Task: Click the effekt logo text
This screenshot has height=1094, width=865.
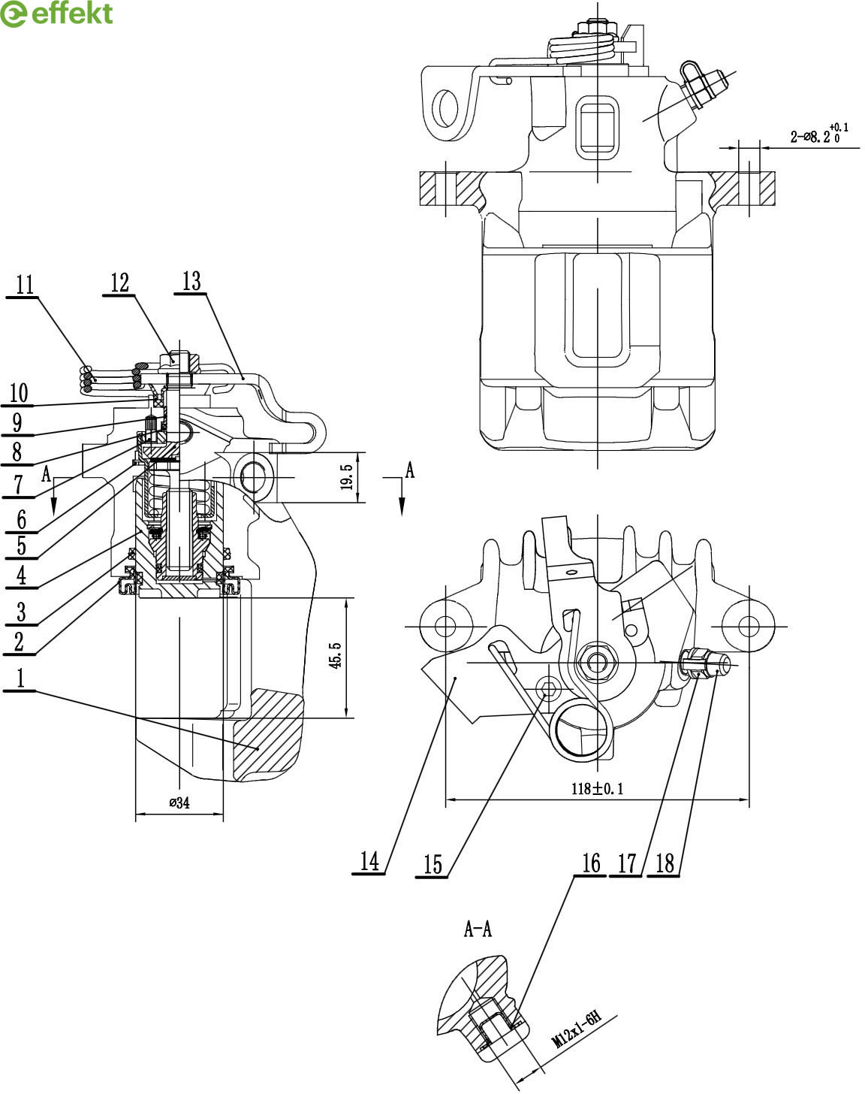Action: tap(72, 14)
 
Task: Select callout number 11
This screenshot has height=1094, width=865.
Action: tap(24, 285)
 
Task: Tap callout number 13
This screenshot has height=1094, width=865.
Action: tap(191, 281)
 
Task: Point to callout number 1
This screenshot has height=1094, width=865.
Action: tap(20, 678)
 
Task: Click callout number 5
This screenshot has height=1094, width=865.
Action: tap(21, 545)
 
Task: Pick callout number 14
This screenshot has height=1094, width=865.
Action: tap(369, 861)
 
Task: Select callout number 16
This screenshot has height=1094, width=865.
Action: tap(591, 863)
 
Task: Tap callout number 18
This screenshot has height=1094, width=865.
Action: tap(665, 863)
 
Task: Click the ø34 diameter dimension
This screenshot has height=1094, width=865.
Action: tap(179, 802)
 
